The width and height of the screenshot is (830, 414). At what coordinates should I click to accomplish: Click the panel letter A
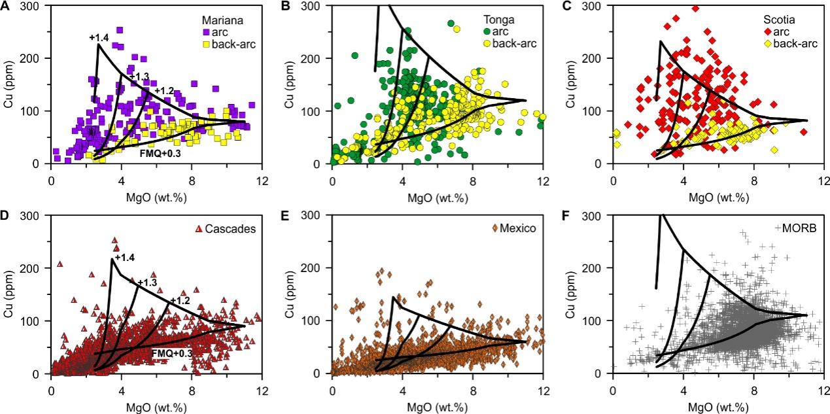point(5,7)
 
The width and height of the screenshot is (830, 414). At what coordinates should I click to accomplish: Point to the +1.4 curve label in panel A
point(99,37)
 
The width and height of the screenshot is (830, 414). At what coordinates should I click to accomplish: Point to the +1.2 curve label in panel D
point(180,300)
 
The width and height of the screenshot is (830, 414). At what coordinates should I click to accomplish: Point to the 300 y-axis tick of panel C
point(598,6)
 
